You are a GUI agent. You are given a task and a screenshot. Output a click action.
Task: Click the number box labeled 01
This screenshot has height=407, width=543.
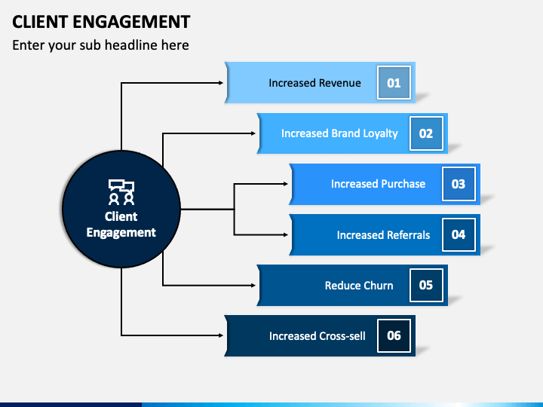point(394,83)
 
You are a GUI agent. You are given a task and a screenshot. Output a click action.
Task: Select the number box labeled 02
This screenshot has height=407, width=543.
point(426,133)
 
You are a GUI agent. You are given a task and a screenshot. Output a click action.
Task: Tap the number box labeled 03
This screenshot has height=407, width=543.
point(459,184)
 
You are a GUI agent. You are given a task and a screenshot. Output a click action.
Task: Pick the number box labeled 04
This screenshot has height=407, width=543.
point(459,234)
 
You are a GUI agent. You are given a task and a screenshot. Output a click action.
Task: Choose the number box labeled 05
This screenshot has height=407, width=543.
point(426,285)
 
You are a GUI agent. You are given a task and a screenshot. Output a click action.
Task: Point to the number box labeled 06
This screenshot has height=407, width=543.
point(394,335)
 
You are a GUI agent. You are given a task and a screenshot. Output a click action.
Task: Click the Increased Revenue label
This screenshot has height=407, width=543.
point(314,83)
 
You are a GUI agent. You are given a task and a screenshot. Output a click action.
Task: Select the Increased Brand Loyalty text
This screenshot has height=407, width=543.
point(339,133)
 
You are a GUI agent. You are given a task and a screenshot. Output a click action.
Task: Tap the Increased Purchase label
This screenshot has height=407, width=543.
point(378,184)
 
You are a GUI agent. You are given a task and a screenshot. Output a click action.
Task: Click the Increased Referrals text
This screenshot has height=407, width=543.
point(383,235)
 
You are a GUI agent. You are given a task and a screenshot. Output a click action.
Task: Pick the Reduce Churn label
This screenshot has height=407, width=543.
point(359,286)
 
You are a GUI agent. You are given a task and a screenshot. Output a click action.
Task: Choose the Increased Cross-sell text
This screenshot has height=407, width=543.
point(318,336)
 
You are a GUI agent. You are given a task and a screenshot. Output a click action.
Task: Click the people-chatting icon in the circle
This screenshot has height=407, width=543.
point(121,192)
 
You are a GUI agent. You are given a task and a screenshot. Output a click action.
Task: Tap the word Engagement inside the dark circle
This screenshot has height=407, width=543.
point(121,233)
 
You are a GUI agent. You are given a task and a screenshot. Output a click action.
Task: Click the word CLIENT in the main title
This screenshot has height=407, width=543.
point(39,22)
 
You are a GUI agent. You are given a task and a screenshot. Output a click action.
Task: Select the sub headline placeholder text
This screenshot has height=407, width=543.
point(100,45)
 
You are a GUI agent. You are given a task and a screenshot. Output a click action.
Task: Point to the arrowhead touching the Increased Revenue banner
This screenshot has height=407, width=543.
point(220,83)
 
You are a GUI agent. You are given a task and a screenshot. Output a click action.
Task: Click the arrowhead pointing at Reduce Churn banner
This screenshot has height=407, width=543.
point(253,285)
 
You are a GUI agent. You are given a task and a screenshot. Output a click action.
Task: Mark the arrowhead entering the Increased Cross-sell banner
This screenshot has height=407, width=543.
point(220,335)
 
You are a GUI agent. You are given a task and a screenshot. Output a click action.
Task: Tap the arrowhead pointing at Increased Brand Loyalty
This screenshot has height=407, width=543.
point(253,133)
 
